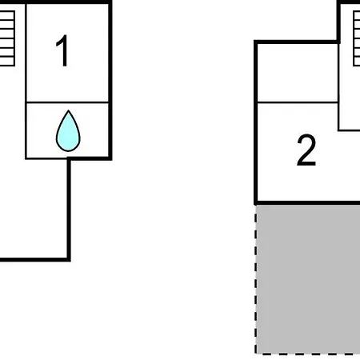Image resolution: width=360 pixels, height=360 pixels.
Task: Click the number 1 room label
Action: coord(62,50)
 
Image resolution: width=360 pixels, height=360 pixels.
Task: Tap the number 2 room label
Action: coord(306,150)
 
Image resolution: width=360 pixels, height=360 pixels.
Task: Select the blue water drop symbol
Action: coord(68,131)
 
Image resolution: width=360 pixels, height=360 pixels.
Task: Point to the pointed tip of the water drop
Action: coord(68,110)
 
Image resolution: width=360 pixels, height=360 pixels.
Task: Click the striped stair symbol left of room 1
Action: coord(7,38)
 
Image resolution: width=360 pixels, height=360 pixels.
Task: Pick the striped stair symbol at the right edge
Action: coord(357,38)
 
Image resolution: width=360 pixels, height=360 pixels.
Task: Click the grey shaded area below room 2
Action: coord(308,279)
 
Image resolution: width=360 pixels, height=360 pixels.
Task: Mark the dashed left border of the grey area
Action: coord(256,279)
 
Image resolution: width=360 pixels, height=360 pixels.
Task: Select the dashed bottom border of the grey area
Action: coord(308,354)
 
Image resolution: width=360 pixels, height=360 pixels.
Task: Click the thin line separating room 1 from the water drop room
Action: coord(67,102)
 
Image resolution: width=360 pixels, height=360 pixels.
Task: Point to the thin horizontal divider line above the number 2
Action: coord(298,102)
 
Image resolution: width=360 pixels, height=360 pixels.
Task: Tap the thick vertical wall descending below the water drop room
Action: coord(69,210)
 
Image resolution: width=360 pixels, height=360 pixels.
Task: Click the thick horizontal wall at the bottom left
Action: coord(34,259)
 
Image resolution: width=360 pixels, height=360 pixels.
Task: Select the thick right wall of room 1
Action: coord(110,80)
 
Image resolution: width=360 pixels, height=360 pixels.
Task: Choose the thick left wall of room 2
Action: coord(256,122)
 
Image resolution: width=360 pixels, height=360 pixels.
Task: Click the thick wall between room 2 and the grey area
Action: coord(307,203)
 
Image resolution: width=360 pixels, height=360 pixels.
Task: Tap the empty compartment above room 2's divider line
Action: coord(298,73)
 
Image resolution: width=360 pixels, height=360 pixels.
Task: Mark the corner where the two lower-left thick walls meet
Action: coord(69,259)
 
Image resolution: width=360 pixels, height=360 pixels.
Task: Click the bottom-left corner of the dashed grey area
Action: coord(256,354)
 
